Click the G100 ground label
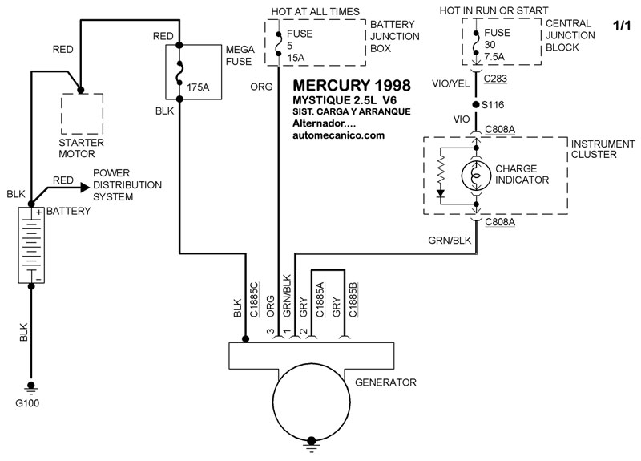[27, 403]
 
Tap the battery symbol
[31, 245]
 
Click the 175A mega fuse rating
[198, 87]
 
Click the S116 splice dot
[475, 105]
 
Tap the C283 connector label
[495, 79]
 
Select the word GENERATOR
[385, 382]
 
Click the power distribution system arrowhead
[86, 188]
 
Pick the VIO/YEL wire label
[450, 84]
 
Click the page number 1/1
[622, 26]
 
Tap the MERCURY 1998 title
[352, 86]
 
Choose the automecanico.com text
[338, 135]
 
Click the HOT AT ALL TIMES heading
[315, 12]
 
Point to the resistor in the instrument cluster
[441, 170]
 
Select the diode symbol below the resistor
[441, 193]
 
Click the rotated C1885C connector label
[254, 299]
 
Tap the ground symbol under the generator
[312, 445]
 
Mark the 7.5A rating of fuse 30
[494, 56]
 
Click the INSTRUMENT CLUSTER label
[603, 149]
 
